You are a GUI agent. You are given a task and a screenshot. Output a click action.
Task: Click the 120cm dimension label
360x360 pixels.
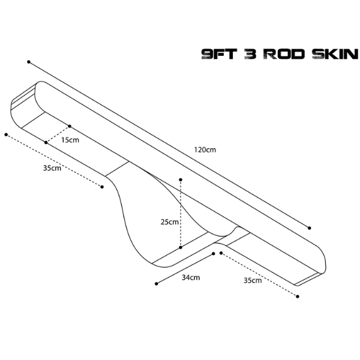point(205,149)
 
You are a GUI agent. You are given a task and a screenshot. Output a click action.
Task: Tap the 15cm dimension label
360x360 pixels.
point(70,140)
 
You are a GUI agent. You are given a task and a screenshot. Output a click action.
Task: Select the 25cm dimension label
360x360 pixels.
point(169,222)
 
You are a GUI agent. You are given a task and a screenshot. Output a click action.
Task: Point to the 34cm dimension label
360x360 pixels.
point(191,278)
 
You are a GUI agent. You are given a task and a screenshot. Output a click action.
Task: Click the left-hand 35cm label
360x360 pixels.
point(52,168)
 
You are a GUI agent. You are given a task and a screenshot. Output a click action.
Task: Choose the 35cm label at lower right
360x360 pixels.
point(253,280)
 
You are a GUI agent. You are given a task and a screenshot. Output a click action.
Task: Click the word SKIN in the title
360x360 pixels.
point(335,54)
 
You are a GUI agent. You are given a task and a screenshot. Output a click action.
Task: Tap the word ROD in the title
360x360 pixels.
point(284,54)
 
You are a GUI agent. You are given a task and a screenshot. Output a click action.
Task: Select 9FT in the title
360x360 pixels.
point(219,54)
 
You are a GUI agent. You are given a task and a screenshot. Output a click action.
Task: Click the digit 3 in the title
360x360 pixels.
point(250,54)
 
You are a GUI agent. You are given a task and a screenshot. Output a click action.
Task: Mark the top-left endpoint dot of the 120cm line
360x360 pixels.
point(29,62)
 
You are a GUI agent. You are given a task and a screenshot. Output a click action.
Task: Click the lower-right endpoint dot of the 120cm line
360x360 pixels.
point(309,228)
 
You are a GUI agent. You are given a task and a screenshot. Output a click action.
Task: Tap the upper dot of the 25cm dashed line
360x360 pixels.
point(181,179)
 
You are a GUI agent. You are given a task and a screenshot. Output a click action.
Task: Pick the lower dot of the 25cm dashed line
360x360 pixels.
point(181,247)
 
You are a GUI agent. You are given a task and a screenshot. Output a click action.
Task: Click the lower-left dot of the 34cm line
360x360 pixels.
point(157,284)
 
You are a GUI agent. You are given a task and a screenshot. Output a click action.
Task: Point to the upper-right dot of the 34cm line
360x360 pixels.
point(213,253)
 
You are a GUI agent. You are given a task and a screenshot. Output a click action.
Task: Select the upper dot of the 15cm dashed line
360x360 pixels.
point(70,126)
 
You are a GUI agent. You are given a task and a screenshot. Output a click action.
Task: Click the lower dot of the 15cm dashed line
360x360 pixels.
point(46,143)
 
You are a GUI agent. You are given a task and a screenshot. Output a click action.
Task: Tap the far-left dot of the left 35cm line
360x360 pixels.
point(6,134)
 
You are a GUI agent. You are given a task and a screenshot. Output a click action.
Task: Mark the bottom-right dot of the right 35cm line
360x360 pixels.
point(298,296)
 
